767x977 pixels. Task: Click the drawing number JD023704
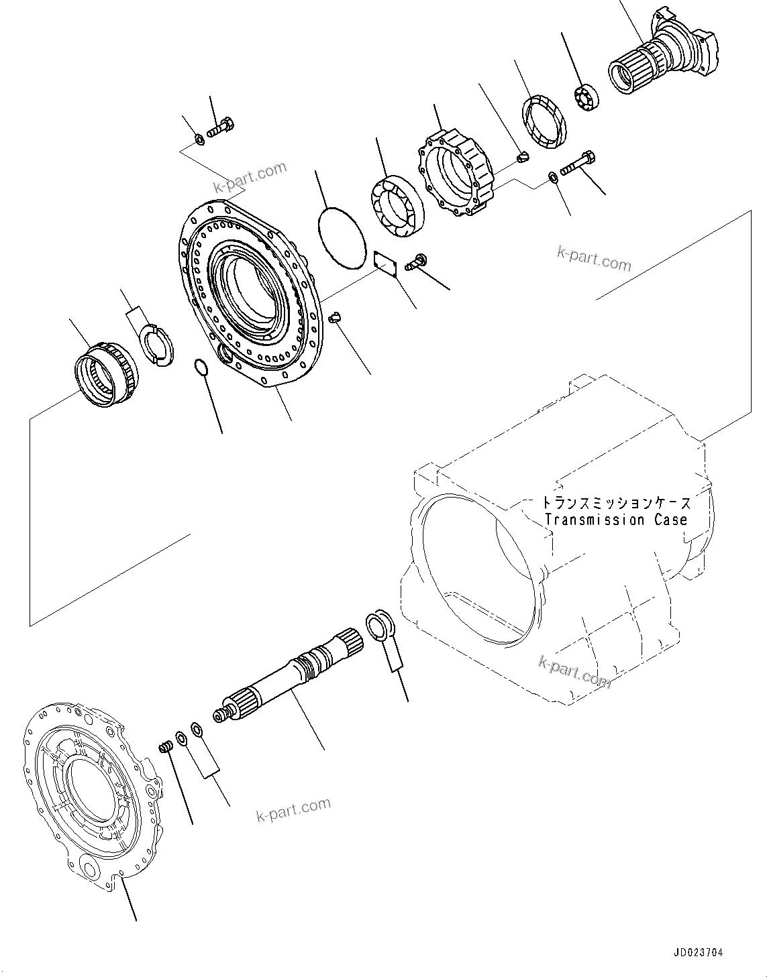(x=697, y=953)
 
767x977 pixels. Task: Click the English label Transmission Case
(x=616, y=520)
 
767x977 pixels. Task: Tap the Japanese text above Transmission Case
(x=616, y=503)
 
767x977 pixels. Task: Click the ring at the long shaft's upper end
(x=380, y=625)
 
